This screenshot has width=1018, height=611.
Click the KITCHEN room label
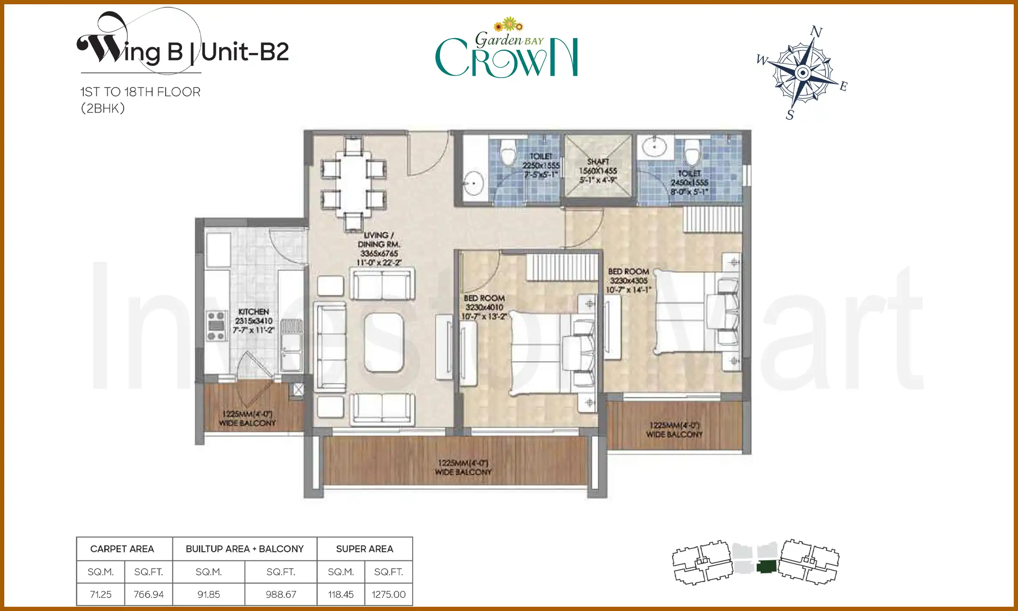click(253, 311)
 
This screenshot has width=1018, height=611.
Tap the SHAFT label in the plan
click(598, 162)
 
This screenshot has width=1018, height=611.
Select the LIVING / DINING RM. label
click(379, 240)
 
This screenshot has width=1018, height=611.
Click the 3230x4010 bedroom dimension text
click(484, 307)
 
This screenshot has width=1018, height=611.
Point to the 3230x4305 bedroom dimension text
click(629, 280)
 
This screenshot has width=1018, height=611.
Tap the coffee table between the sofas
click(383, 342)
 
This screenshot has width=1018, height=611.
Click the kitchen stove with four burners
click(216, 326)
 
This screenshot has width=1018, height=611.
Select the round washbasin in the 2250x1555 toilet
click(473, 184)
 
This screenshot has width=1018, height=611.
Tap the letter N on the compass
click(816, 32)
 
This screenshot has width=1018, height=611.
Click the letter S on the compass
click(790, 115)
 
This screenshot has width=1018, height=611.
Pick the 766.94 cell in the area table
click(148, 594)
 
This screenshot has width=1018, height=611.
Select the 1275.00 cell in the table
click(389, 594)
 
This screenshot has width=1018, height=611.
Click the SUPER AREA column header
click(364, 549)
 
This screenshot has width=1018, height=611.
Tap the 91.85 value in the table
click(208, 594)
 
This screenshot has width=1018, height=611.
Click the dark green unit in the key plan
click(766, 567)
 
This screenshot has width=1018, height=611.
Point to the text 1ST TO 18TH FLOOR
click(140, 92)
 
